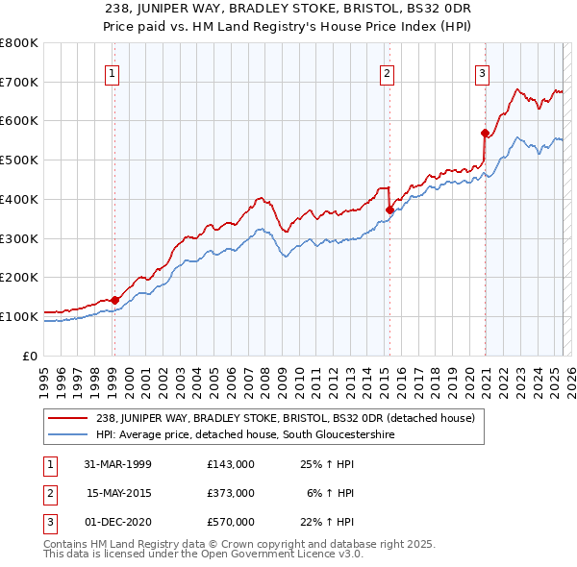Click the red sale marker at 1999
(114, 300)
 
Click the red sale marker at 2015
(389, 210)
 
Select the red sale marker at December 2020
(485, 133)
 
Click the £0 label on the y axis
(31, 356)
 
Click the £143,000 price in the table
(231, 463)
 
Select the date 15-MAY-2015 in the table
(119, 492)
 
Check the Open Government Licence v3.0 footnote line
(204, 555)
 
